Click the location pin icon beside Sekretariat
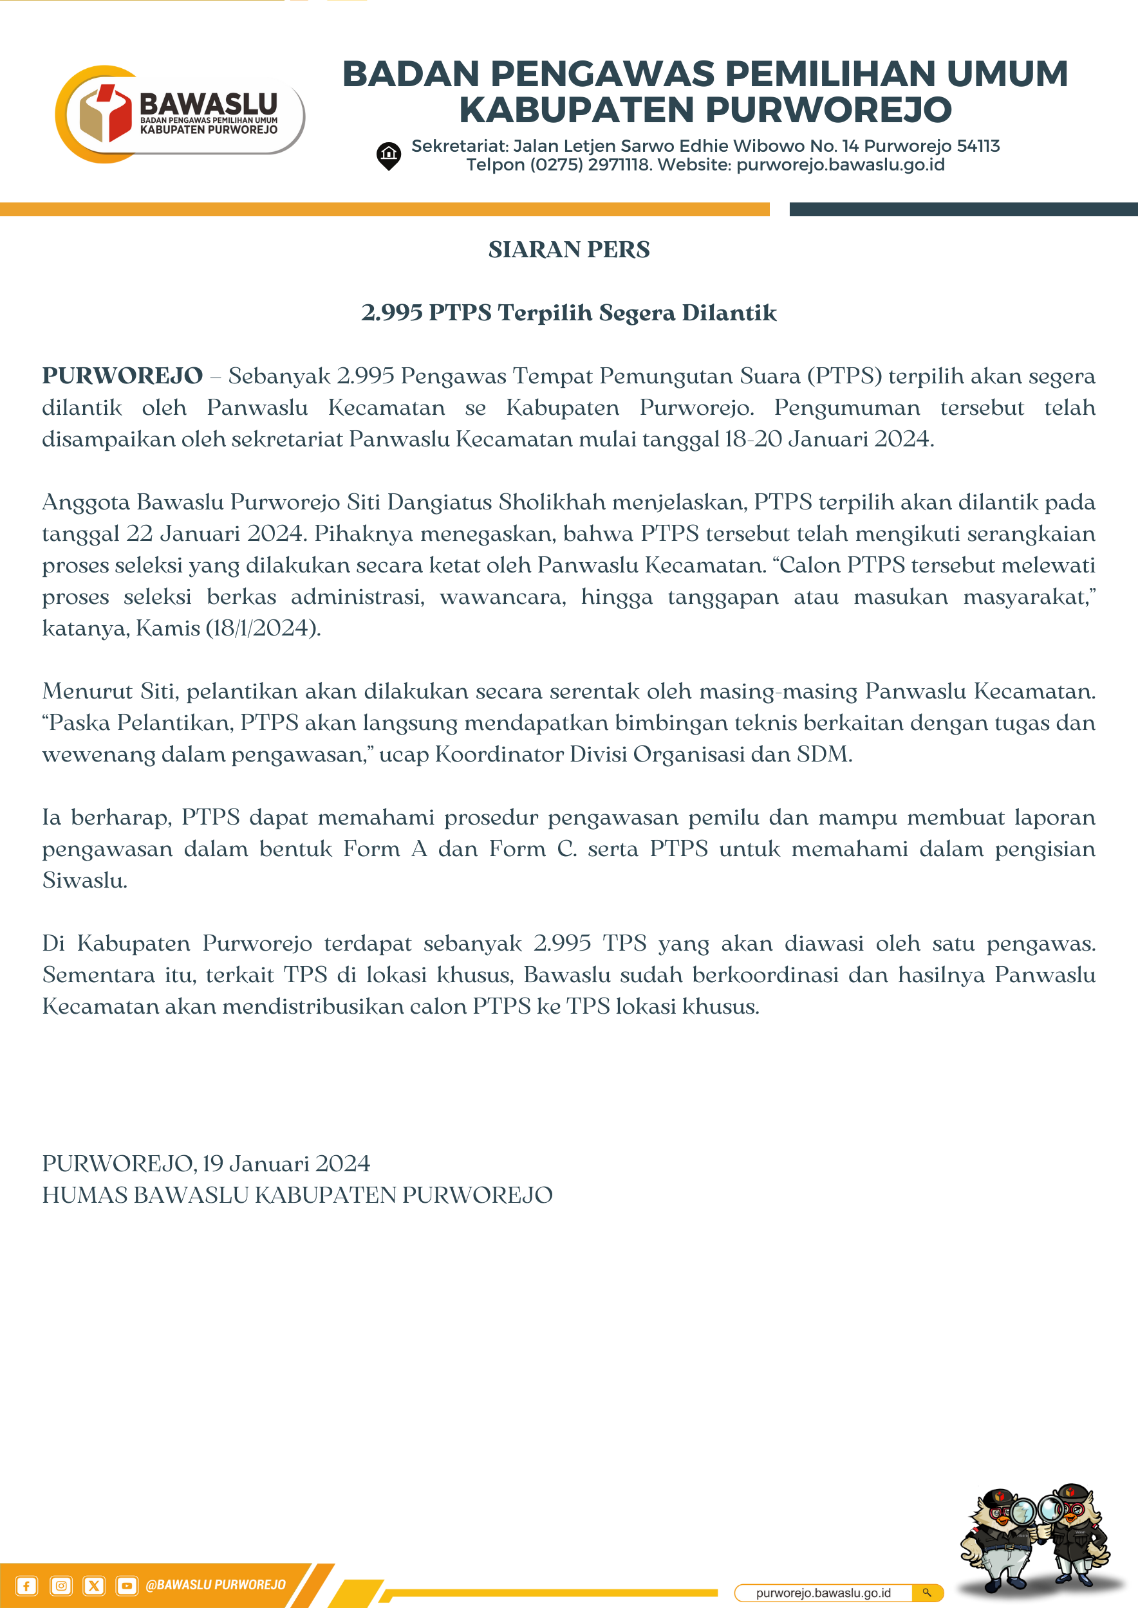[389, 156]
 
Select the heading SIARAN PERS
[569, 250]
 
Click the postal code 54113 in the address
[978, 147]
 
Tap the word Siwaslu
[84, 881]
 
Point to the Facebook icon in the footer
[26, 1585]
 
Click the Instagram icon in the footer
[61, 1585]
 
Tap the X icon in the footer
[94, 1585]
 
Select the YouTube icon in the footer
[127, 1585]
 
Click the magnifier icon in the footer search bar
[927, 1593]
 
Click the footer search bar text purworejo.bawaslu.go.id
[823, 1593]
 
